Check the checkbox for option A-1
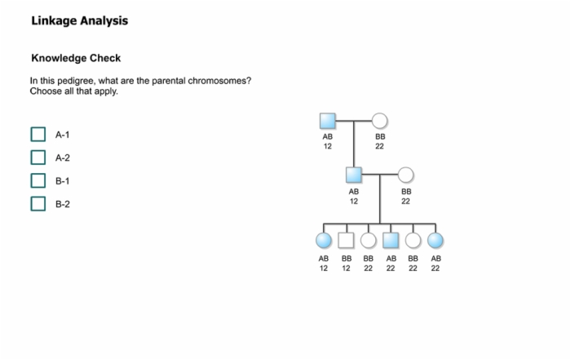pyautogui.click(x=38, y=134)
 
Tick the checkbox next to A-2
pyautogui.click(x=38, y=158)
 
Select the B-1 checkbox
pyautogui.click(x=38, y=180)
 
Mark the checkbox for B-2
pyautogui.click(x=38, y=204)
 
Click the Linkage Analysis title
pyautogui.click(x=80, y=20)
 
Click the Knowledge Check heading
pyautogui.click(x=76, y=58)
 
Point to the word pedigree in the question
pyautogui.click(x=77, y=81)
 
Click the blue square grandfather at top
pyautogui.click(x=327, y=121)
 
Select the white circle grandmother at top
pyautogui.click(x=379, y=121)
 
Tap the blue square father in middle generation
pyautogui.click(x=353, y=175)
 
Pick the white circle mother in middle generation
pyautogui.click(x=405, y=175)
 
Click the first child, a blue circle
pyautogui.click(x=324, y=241)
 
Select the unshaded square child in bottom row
pyautogui.click(x=346, y=241)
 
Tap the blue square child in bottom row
pyautogui.click(x=391, y=241)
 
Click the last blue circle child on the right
pyautogui.click(x=435, y=241)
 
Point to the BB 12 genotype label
pyautogui.click(x=347, y=264)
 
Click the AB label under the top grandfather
pyautogui.click(x=327, y=136)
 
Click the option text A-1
pyautogui.click(x=62, y=135)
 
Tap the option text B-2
pyautogui.click(x=63, y=204)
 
